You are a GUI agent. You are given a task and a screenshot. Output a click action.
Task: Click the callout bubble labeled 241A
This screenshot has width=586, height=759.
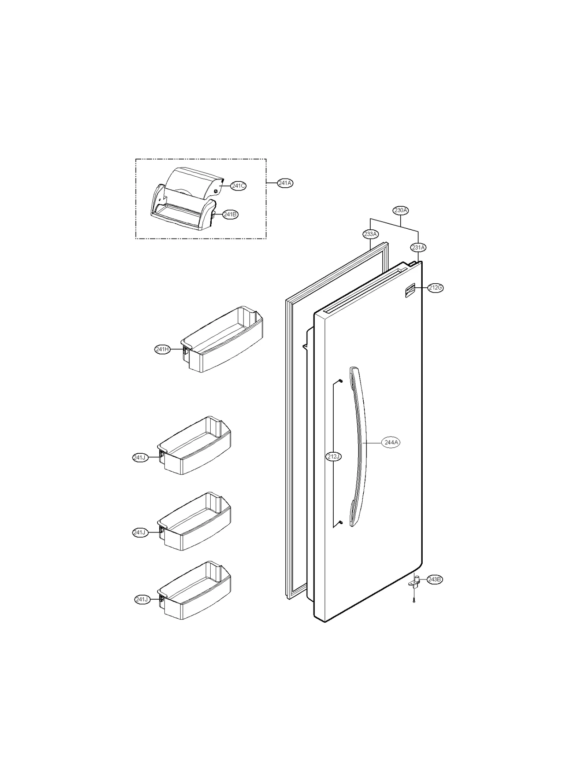click(285, 183)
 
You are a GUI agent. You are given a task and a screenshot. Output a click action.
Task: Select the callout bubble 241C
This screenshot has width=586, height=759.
click(238, 186)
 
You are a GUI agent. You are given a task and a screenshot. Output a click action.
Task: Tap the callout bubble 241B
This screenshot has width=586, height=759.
click(230, 214)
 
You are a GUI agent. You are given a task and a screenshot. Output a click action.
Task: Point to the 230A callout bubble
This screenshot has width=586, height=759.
click(401, 210)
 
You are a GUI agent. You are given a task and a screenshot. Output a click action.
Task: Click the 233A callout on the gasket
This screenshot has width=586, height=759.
click(370, 234)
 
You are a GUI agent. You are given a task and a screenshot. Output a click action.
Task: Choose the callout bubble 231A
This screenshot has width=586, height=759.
click(418, 248)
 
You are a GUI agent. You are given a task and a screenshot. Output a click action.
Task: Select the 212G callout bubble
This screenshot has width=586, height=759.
click(435, 288)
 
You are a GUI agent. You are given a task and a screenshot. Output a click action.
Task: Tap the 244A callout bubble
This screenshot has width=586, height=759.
click(391, 443)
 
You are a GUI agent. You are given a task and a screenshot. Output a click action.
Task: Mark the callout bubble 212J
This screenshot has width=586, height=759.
click(333, 457)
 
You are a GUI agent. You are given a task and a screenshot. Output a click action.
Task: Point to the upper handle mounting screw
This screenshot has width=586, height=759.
click(341, 381)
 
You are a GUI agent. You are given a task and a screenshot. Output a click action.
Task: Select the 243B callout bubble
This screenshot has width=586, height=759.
click(434, 579)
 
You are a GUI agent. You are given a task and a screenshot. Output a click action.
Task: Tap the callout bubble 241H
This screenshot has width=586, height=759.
click(162, 350)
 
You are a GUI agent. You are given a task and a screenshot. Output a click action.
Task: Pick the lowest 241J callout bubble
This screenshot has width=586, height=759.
click(142, 600)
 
